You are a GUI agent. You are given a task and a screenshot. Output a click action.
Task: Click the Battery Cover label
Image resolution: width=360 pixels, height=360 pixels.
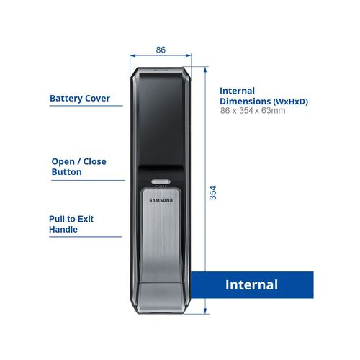pyautogui.click(x=80, y=99)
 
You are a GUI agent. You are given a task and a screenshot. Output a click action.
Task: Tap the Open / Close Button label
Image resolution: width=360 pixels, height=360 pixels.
pyautogui.click(x=78, y=166)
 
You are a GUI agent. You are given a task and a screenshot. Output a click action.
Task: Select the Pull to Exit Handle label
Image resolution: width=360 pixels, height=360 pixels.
pyautogui.click(x=71, y=224)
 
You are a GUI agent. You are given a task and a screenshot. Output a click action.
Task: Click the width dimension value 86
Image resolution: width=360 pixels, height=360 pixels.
pyautogui.click(x=161, y=50)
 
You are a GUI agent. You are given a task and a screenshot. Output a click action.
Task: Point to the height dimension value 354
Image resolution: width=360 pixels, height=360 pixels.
pyautogui.click(x=213, y=192)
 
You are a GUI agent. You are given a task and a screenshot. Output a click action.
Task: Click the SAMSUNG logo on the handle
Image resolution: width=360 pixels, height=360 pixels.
pyautogui.click(x=161, y=200)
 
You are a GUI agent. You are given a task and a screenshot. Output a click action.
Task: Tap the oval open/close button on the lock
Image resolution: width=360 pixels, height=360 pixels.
pyautogui.click(x=161, y=181)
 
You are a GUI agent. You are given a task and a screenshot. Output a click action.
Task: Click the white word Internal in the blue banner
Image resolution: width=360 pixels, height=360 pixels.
pyautogui.click(x=251, y=284)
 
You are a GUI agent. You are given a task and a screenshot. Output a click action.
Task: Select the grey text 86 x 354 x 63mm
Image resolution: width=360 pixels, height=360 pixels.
pyautogui.click(x=253, y=111)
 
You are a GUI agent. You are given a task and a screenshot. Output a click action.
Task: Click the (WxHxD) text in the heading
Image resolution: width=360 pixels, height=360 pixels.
pyautogui.click(x=291, y=102)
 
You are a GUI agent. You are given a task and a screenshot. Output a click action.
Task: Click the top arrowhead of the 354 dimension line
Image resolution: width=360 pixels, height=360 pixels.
pyautogui.click(x=205, y=70)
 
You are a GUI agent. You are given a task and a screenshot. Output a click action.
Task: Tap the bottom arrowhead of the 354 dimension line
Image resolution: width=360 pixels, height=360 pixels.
pyautogui.click(x=205, y=311)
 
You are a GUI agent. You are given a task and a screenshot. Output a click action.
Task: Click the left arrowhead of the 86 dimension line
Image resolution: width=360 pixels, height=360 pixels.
pyautogui.click(x=132, y=55)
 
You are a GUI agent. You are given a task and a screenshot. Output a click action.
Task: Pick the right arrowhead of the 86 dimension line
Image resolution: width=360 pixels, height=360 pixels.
pyautogui.click(x=189, y=55)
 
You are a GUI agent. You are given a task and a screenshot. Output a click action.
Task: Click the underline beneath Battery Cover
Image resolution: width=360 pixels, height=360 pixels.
pyautogui.click(x=86, y=106)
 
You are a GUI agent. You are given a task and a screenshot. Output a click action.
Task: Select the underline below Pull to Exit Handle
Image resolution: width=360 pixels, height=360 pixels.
pyautogui.click(x=86, y=237)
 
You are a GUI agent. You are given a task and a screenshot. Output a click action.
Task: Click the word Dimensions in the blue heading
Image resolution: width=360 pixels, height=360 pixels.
pyautogui.click(x=246, y=102)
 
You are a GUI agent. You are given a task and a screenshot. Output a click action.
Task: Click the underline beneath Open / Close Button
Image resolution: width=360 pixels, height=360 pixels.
pyautogui.click(x=88, y=180)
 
